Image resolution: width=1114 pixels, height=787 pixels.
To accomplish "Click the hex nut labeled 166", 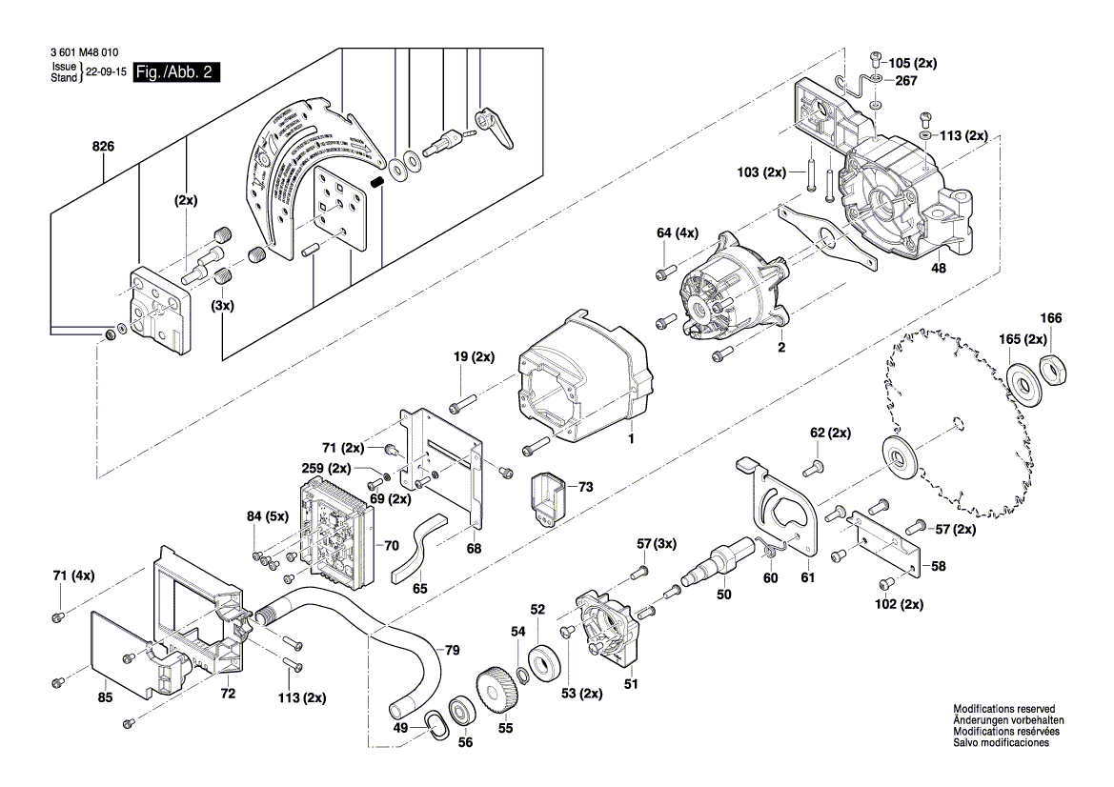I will pos(1054,367).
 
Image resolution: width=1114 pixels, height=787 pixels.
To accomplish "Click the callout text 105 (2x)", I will pos(912,63).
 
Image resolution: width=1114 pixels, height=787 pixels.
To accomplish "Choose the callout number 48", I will pos(939,269).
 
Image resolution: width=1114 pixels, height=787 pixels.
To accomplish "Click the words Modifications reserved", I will pos(1003,710).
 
